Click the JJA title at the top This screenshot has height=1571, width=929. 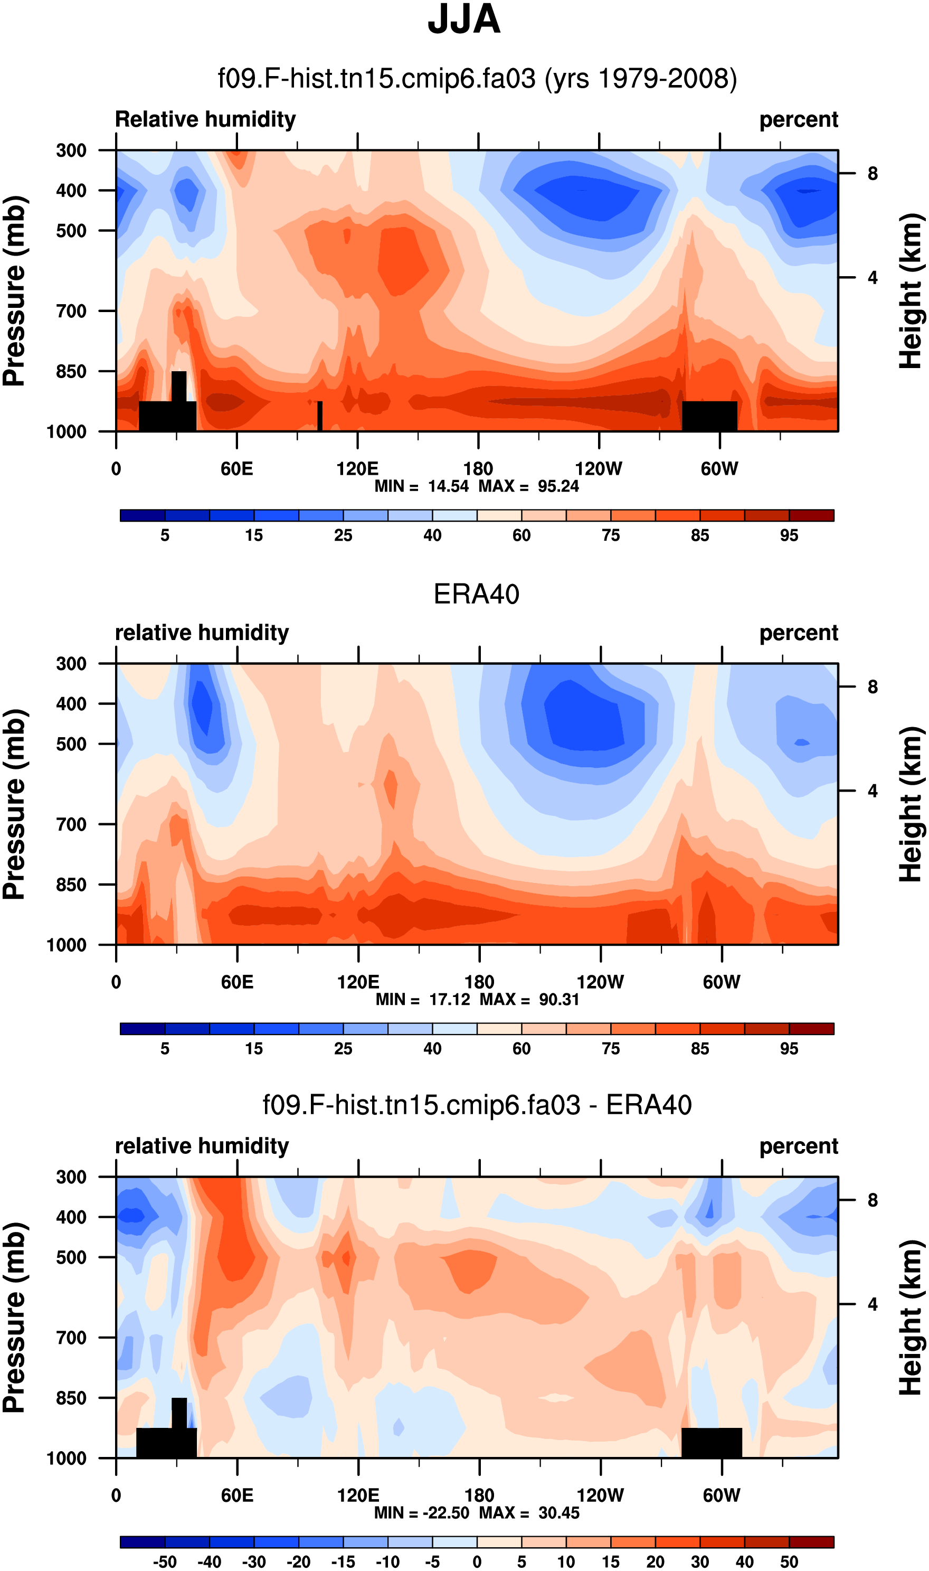[464, 20]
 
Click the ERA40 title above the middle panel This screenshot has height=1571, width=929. [477, 594]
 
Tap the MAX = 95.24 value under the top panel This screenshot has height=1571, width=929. [529, 486]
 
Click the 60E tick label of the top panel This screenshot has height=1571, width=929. [236, 468]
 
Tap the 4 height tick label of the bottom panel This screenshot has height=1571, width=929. [873, 1304]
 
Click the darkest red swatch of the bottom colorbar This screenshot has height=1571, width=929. [811, 1542]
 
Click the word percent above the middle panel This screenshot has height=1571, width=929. [798, 633]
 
